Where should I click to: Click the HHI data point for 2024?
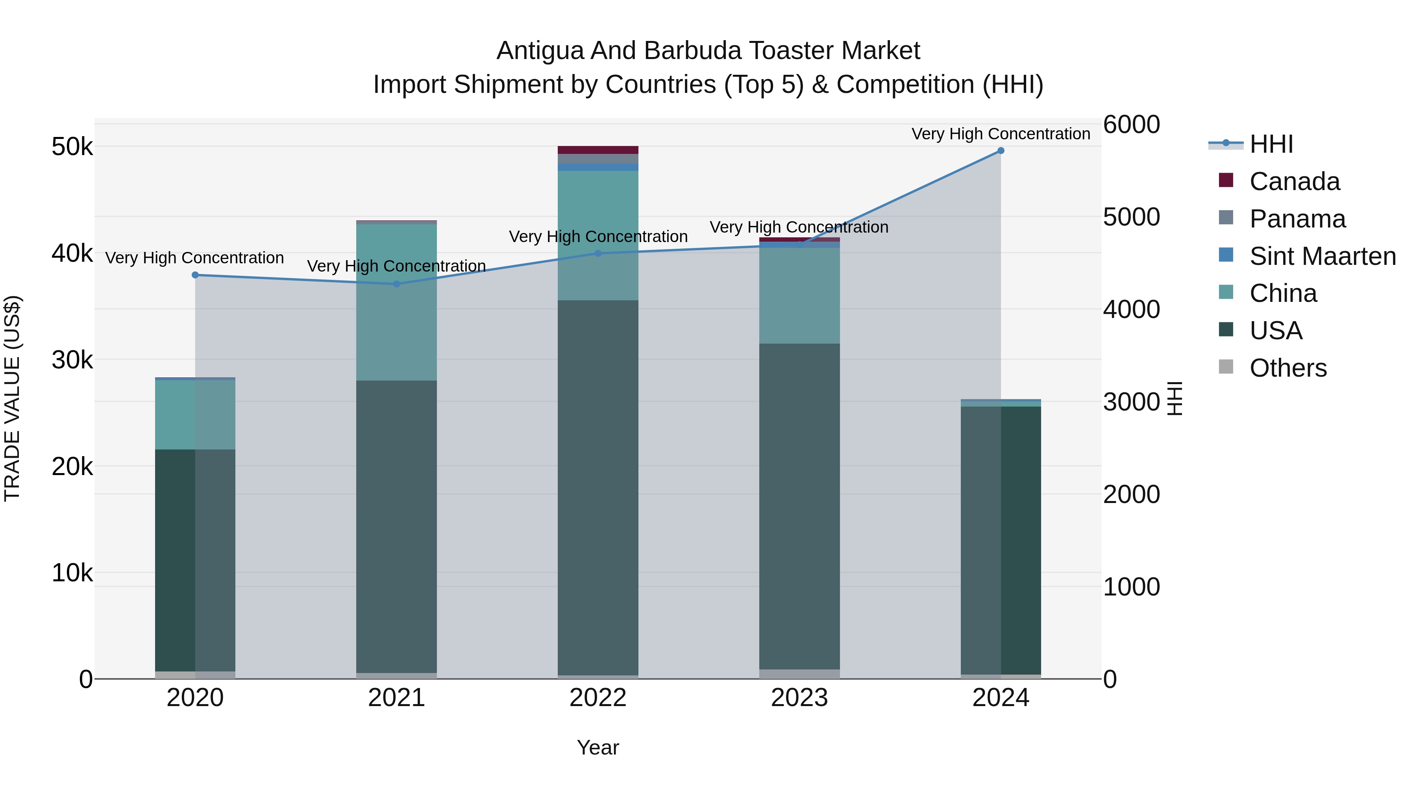tap(1001, 151)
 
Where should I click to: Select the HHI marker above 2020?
tap(195, 275)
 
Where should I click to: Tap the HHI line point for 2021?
tap(397, 284)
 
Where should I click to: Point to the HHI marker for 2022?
tap(598, 253)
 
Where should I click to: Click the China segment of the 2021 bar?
tap(397, 303)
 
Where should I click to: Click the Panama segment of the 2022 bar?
tap(598, 159)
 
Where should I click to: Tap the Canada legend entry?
tap(1294, 181)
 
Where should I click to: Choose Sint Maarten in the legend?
tap(1323, 256)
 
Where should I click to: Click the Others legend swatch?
tap(1226, 367)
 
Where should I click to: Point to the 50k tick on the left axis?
tap(72, 147)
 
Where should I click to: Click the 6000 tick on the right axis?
tap(1132, 125)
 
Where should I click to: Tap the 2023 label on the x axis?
tap(799, 698)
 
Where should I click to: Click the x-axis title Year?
tap(598, 747)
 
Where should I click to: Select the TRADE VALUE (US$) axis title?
tap(12, 398)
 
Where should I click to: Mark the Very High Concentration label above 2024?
tap(1001, 134)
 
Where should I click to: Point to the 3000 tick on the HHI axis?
tap(1132, 402)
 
